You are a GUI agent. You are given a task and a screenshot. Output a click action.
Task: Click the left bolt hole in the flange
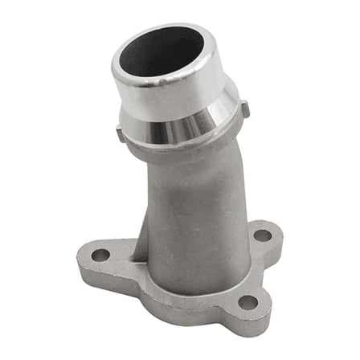point(100,255)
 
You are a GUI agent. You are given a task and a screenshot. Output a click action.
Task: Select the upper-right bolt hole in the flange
point(262,236)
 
